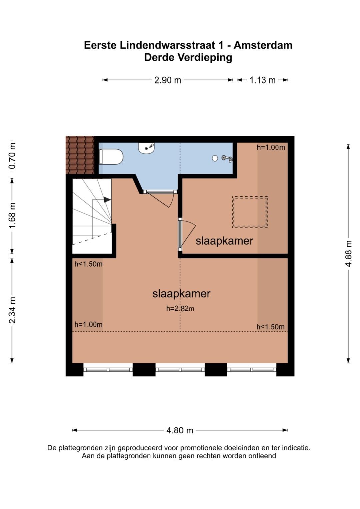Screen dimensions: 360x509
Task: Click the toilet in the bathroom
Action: coord(111,157)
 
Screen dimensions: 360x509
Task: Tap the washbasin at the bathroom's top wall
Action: coord(146,148)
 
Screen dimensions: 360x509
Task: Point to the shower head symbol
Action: coord(227,158)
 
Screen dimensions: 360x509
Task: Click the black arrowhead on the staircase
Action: coord(107,200)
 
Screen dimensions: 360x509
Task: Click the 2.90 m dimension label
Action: coord(168,80)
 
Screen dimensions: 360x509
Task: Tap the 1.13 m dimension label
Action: coord(263,80)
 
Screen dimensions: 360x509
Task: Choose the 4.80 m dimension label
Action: coord(180,430)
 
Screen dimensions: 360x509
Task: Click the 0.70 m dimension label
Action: coord(12,156)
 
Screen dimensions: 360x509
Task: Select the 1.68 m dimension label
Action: coord(12,216)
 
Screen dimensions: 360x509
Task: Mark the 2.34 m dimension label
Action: coord(12,310)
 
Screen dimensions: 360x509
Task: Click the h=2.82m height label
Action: coord(180,308)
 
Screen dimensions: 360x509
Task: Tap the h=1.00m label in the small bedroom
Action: coord(271,147)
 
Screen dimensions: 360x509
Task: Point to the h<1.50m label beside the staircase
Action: coord(88,264)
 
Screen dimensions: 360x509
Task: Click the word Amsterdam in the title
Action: coord(263,45)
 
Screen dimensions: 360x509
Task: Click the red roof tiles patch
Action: coord(80,155)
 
